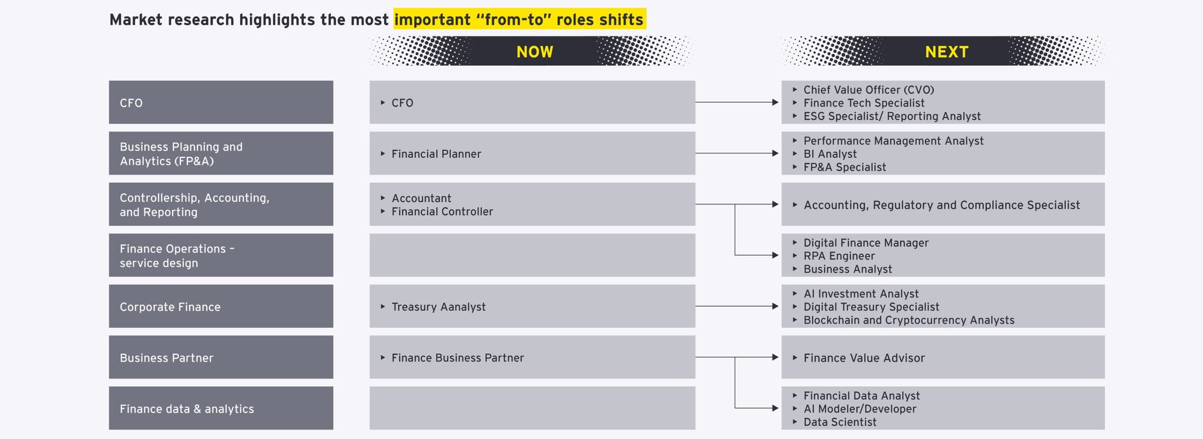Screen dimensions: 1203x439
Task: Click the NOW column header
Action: (x=535, y=52)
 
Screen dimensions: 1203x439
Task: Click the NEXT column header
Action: (x=946, y=52)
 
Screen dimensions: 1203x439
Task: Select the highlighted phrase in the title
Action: (x=519, y=19)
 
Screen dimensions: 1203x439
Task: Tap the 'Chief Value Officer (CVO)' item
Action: (x=869, y=90)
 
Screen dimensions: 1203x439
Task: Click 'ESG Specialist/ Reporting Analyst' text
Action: (x=892, y=116)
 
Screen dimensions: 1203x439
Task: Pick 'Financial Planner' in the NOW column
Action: (x=436, y=154)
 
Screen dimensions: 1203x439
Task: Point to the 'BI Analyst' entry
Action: (x=830, y=154)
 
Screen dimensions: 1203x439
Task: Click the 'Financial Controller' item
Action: (x=442, y=212)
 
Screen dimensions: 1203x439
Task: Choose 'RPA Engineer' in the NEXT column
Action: (x=839, y=256)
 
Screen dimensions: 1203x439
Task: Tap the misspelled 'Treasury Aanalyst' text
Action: (x=439, y=307)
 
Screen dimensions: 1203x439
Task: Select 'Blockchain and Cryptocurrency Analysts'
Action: (x=909, y=320)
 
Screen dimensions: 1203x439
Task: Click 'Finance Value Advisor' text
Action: (x=864, y=358)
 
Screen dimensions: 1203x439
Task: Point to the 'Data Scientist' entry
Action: (x=840, y=422)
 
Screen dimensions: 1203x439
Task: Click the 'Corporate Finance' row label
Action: (x=170, y=307)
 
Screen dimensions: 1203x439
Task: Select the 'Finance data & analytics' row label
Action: (x=187, y=409)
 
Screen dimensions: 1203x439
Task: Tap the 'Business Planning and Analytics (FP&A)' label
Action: (x=181, y=154)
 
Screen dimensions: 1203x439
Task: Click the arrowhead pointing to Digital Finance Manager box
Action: (x=775, y=255)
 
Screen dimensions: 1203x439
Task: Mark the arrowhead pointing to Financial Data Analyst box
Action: (x=775, y=408)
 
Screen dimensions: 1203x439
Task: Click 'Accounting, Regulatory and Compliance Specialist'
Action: (x=942, y=205)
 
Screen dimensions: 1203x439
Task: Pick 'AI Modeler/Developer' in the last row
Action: (x=860, y=409)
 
